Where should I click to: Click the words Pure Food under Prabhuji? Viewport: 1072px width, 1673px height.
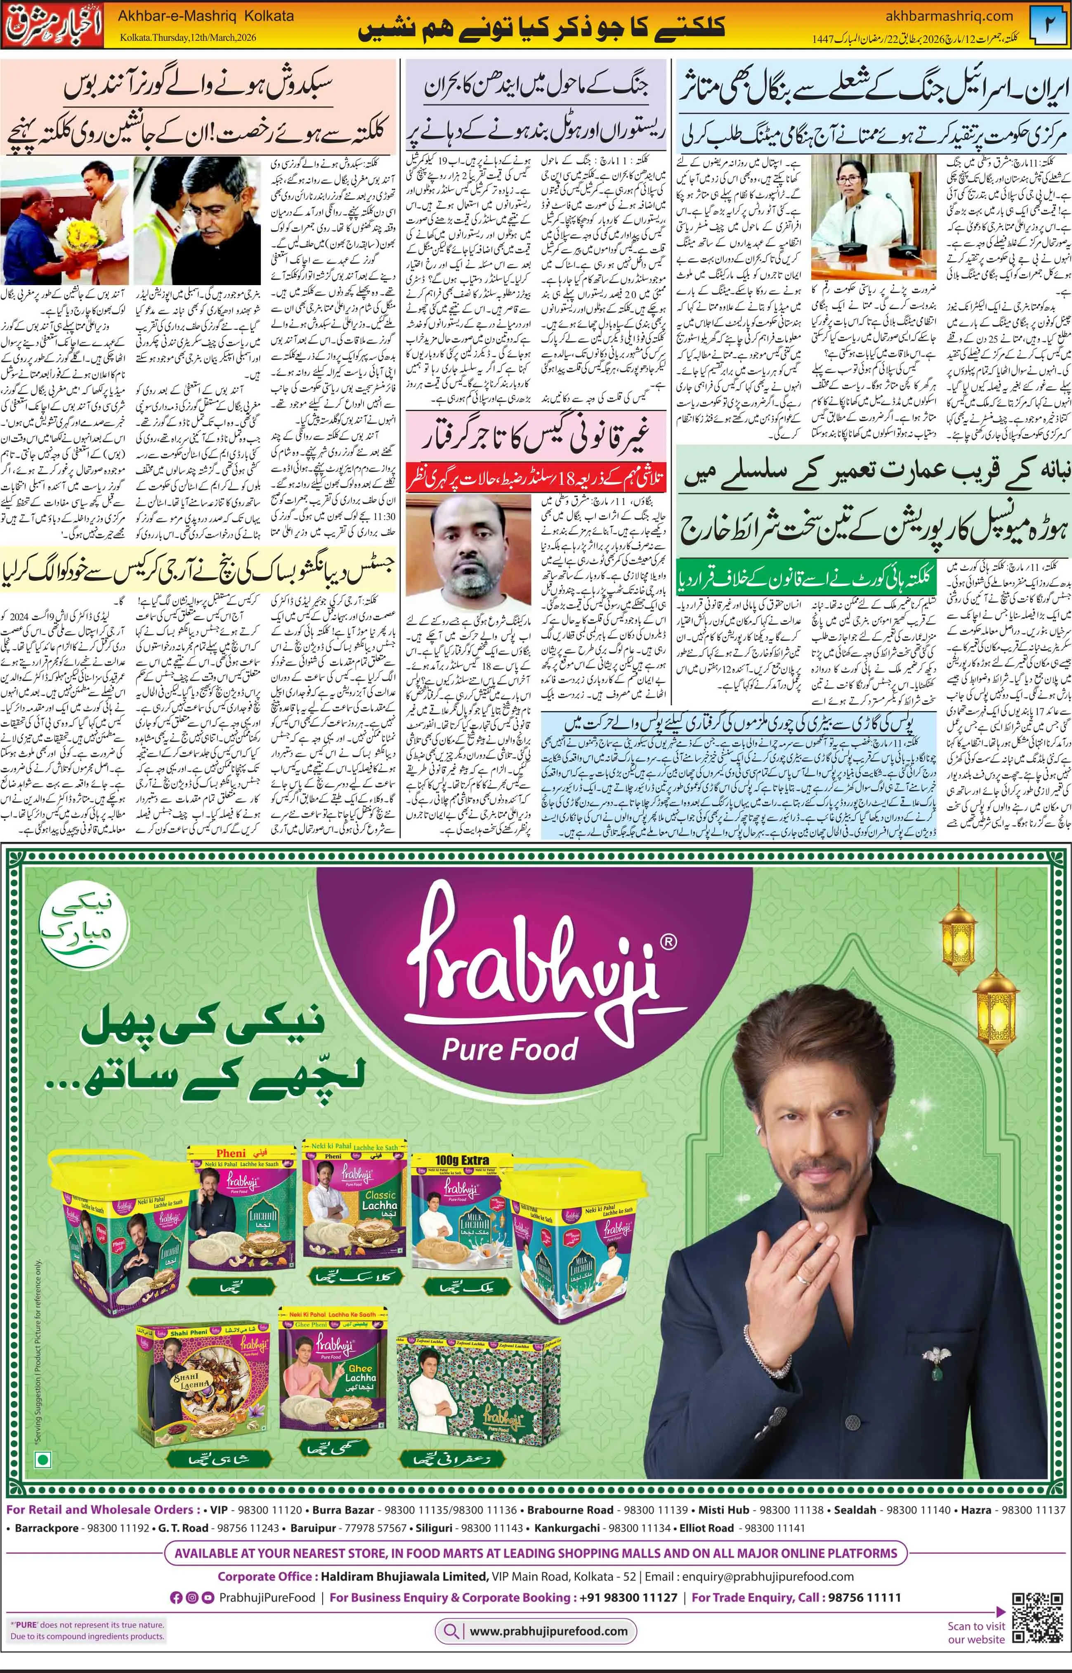point(510,1049)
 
